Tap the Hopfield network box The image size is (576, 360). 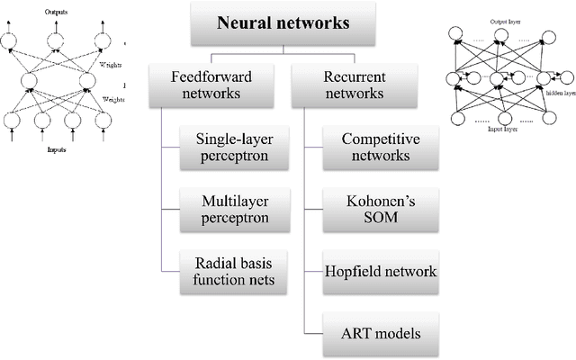tap(376, 270)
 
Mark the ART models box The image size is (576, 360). tap(376, 335)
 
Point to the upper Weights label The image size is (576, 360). tap(110, 64)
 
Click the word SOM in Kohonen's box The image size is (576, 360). tap(376, 218)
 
